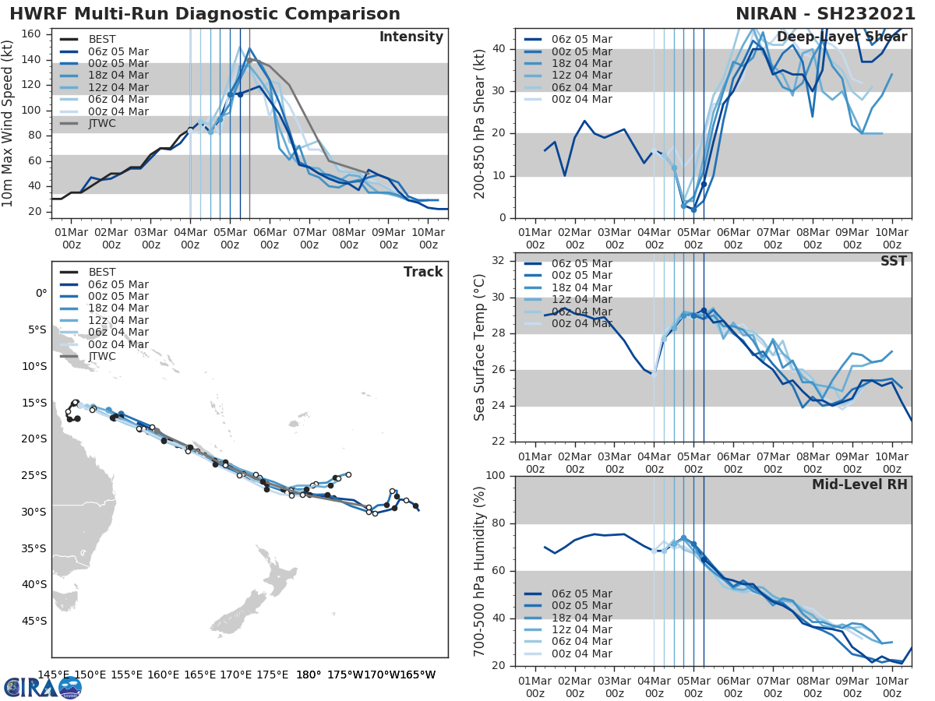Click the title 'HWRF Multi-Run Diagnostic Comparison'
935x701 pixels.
tap(205, 14)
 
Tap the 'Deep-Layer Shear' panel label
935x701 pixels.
tap(841, 37)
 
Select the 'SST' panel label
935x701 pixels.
tap(894, 261)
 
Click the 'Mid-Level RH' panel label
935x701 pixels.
tap(859, 484)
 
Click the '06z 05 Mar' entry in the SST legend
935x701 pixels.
tap(581, 263)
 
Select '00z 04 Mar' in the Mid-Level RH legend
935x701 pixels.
tap(581, 653)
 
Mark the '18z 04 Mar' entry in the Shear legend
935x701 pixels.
tap(581, 63)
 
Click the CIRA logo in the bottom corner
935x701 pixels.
tap(43, 687)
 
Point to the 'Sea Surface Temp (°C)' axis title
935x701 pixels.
tap(480, 347)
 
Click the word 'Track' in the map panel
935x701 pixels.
tap(423, 272)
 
